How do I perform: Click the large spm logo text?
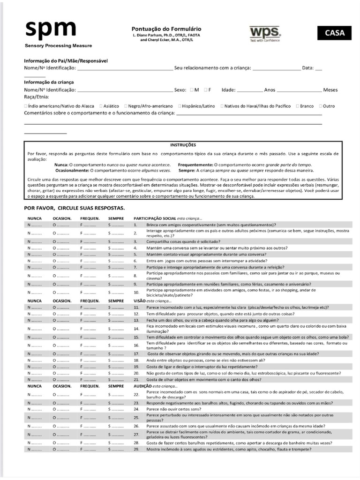(x=50, y=29)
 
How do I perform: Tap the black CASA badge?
(x=335, y=33)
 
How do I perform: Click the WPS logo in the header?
(x=265, y=32)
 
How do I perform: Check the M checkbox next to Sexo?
(x=192, y=90)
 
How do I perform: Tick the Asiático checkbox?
(x=99, y=106)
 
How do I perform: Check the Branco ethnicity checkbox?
(x=296, y=106)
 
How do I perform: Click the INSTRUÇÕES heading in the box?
(x=183, y=145)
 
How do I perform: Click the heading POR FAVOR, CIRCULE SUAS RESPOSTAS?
(x=74, y=208)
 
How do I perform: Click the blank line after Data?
(x=319, y=68)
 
